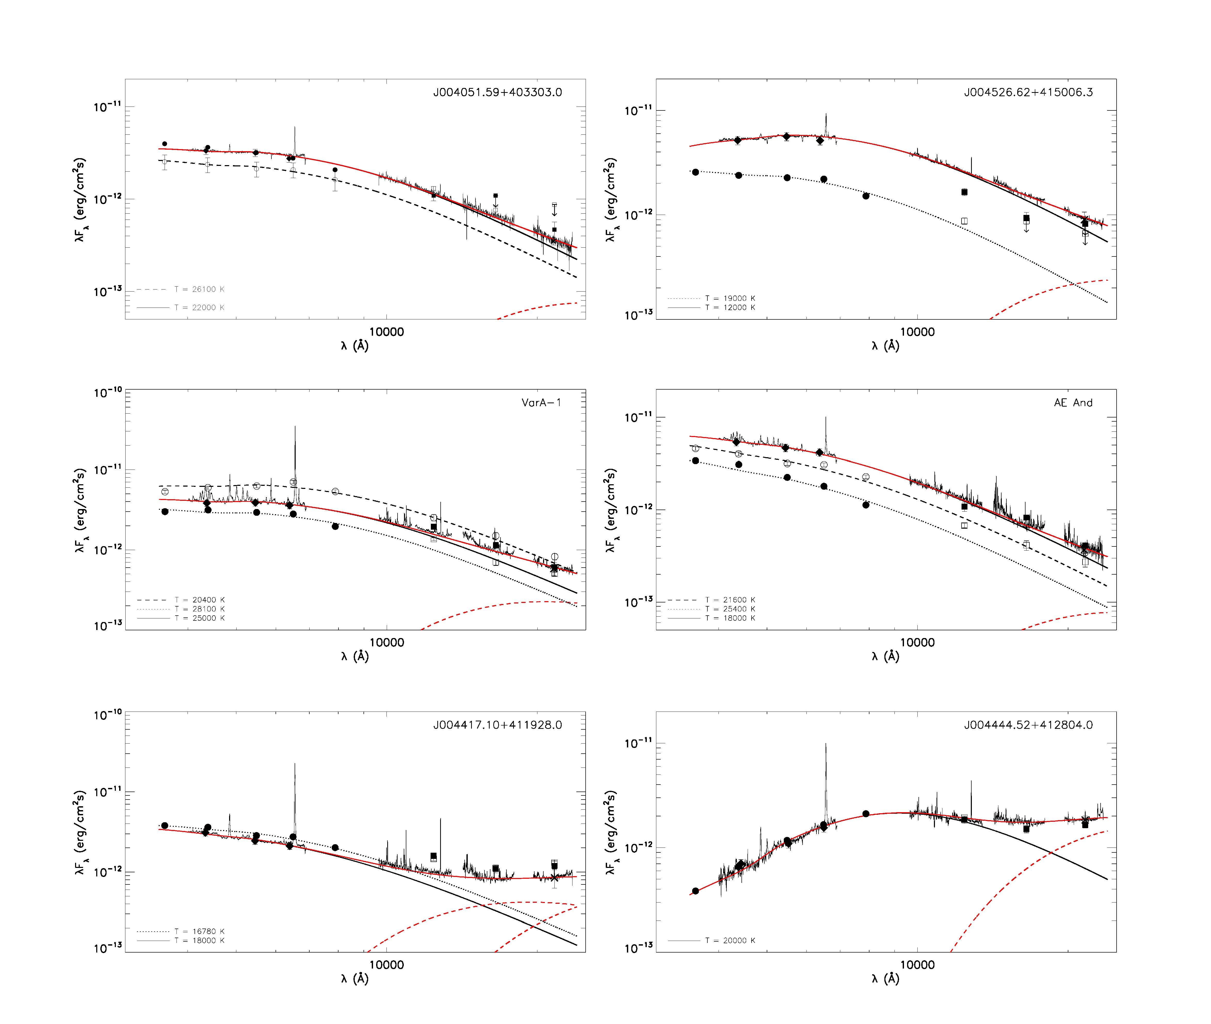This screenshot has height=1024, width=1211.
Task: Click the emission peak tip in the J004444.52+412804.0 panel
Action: (826, 744)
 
